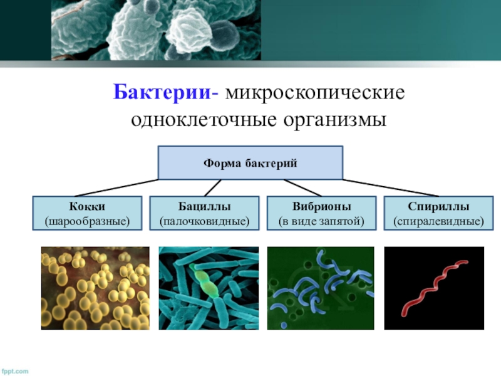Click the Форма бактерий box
coord(250,163)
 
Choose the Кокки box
coord(87,213)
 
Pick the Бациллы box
coord(204,213)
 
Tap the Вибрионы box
coord(321,213)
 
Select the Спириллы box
coord(438,213)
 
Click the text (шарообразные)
coord(87,221)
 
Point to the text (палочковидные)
coord(204,221)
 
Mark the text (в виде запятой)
coord(321,221)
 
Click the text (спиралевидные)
coord(438,221)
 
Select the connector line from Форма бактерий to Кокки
coord(116,188)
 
